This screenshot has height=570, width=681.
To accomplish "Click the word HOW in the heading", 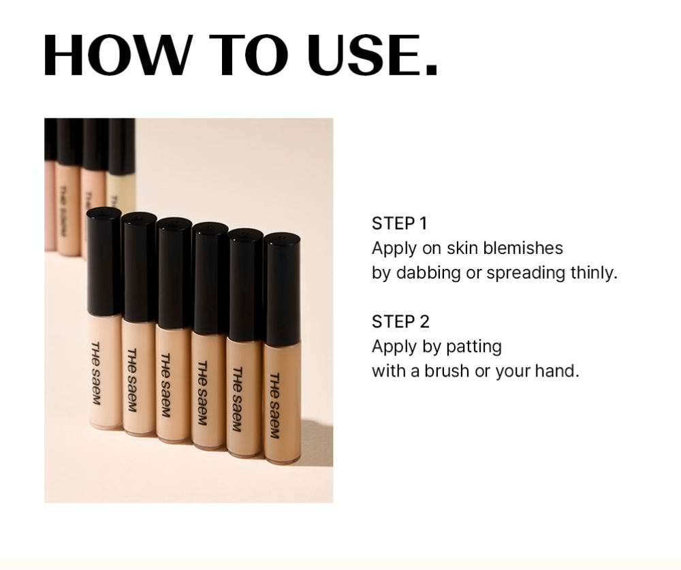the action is pyautogui.click(x=117, y=55).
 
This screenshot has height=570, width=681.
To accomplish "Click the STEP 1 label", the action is pyautogui.click(x=400, y=223).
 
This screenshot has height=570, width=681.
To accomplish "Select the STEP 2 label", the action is pyautogui.click(x=400, y=322).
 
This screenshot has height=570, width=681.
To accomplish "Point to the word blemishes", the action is pyautogui.click(x=523, y=248).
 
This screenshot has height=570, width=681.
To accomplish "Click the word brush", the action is pyautogui.click(x=447, y=371).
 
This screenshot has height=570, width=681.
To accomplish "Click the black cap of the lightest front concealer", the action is pyautogui.click(x=104, y=261).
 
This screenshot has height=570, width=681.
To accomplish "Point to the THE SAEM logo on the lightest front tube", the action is pyautogui.click(x=96, y=373).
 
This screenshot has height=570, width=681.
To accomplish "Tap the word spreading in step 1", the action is pyautogui.click(x=526, y=273).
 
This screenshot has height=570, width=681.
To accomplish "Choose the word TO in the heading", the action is pyautogui.click(x=249, y=55).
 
